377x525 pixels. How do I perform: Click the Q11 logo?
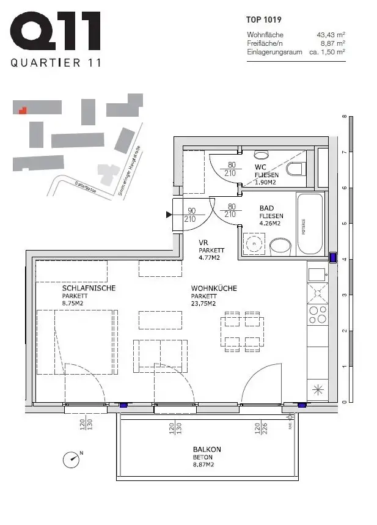point(56,34)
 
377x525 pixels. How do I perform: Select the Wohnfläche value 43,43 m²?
point(331,35)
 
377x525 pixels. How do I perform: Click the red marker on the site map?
point(22,111)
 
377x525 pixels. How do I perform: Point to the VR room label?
point(204,243)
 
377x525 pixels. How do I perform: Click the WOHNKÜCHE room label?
point(214,288)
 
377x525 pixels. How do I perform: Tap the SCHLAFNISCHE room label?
point(89,288)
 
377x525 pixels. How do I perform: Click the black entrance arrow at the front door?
point(169,215)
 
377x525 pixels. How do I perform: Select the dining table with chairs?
point(244,331)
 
